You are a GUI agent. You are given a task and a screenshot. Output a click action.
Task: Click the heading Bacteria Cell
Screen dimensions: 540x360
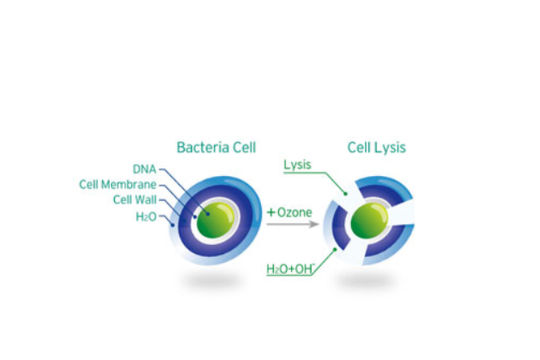pos(216,147)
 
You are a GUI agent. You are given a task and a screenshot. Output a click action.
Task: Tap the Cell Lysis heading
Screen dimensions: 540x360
pos(376,147)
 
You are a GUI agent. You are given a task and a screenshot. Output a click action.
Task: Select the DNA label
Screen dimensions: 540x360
pos(145,169)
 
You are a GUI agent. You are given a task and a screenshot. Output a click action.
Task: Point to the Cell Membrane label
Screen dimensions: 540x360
pos(118,185)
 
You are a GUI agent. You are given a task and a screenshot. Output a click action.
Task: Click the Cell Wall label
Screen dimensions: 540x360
pos(135,200)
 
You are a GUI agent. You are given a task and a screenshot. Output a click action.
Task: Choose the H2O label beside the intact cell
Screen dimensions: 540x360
pos(146,217)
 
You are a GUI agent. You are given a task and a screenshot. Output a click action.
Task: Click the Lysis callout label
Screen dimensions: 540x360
pos(297,165)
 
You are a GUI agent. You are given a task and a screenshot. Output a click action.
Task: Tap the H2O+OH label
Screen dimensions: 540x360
pos(291,268)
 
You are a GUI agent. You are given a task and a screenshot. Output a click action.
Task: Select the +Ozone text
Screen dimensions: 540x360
pos(289,212)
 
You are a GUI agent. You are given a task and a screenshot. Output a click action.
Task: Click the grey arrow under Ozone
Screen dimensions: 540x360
pos(293,224)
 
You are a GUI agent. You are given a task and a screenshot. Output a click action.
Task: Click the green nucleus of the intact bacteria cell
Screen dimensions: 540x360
pos(215,219)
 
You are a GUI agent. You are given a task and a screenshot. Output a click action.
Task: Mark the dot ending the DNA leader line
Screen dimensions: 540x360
pos(208,214)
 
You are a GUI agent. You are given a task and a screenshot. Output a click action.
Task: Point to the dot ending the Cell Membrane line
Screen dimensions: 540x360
pos(195,217)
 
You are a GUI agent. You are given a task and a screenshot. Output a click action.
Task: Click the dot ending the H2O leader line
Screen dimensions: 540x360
pos(173,225)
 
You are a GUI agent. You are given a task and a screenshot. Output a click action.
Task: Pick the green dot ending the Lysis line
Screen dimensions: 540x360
pos(346,194)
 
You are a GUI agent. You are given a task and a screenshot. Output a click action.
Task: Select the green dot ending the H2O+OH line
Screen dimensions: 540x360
pos(335,249)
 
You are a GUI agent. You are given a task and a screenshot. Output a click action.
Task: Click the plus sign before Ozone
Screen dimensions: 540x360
pos(272,212)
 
